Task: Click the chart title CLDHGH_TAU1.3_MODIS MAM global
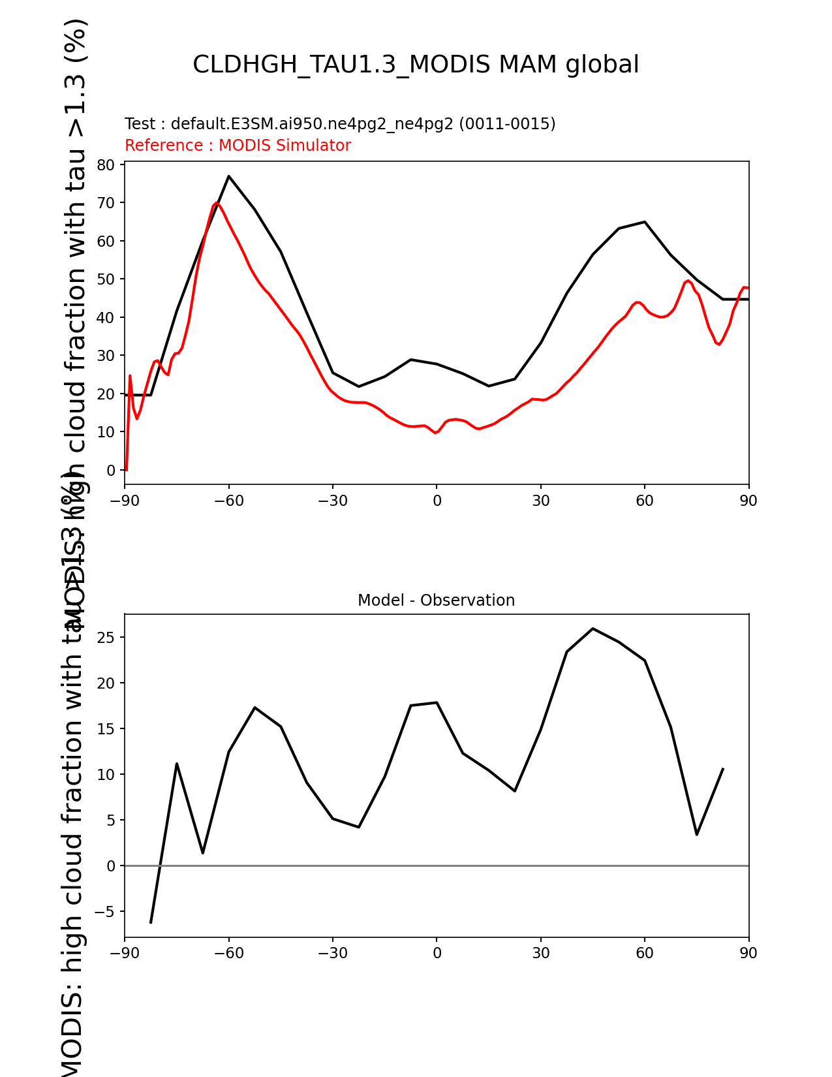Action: click(x=416, y=65)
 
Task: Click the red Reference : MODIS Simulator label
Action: click(x=238, y=146)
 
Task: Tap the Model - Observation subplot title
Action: click(x=436, y=601)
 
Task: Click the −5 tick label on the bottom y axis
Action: click(x=104, y=912)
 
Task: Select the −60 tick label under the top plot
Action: click(x=228, y=501)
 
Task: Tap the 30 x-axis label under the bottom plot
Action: click(x=541, y=954)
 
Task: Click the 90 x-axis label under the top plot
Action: click(x=748, y=501)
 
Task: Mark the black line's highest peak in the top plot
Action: click(x=229, y=176)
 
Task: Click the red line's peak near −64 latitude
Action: click(x=217, y=203)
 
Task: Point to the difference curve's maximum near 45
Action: click(x=593, y=629)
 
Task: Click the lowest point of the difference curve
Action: click(x=151, y=922)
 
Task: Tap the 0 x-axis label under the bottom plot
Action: click(x=437, y=954)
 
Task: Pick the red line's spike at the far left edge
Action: click(x=130, y=376)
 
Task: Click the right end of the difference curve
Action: click(x=722, y=770)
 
